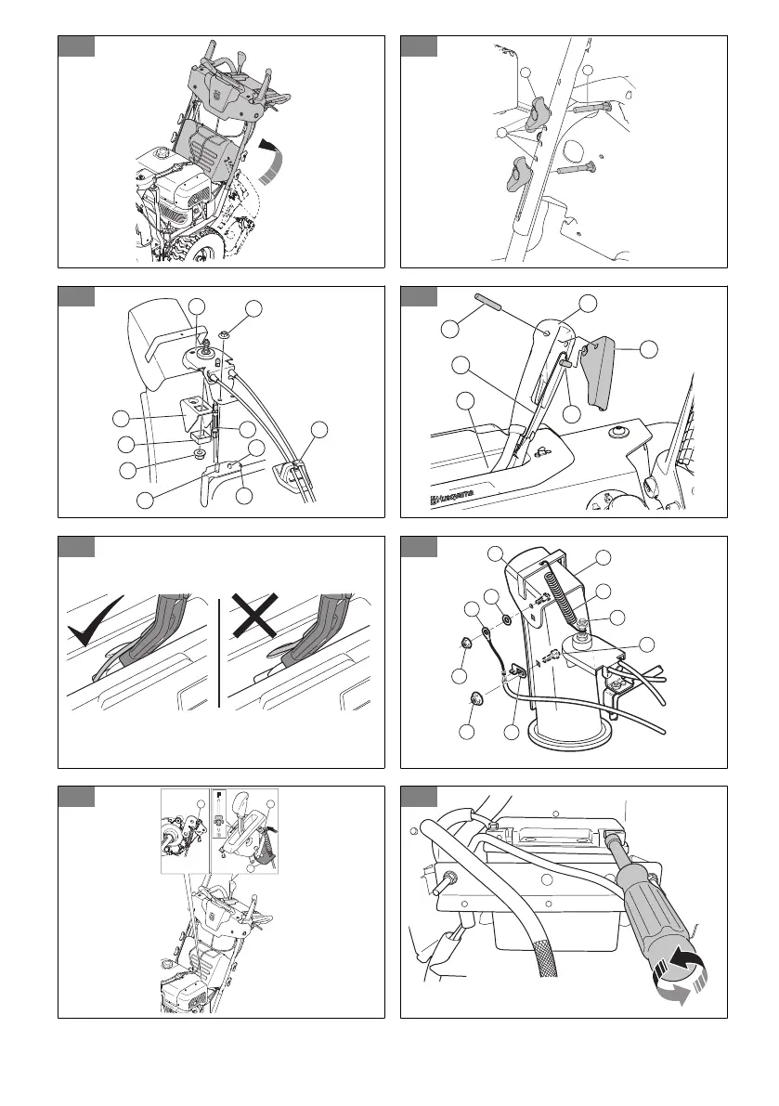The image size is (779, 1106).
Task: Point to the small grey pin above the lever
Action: click(x=487, y=304)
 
